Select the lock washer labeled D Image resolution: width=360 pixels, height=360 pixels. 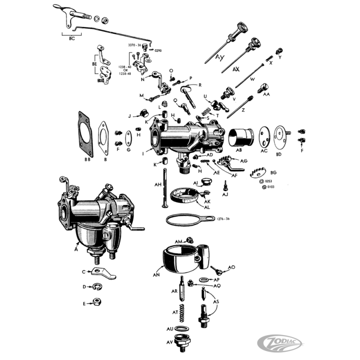[x=96, y=286]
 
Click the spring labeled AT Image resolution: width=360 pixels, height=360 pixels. [x=182, y=310]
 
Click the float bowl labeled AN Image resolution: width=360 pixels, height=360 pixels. [x=182, y=259]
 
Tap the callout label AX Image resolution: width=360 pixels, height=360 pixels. [x=236, y=70]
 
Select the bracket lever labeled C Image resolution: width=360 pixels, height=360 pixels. [x=102, y=273]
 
